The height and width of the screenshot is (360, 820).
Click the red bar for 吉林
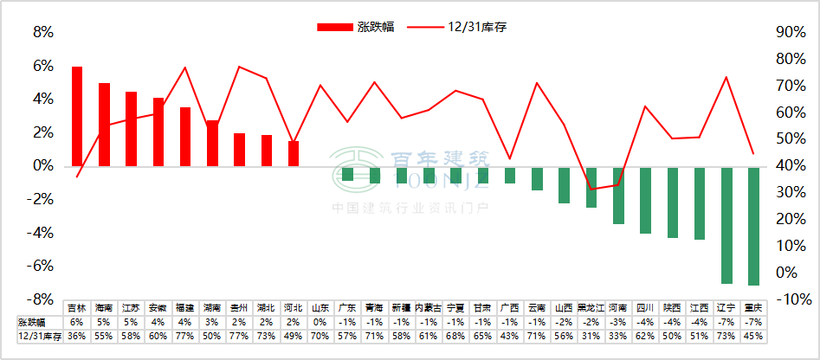pos(77,116)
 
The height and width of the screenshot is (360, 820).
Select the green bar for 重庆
pos(753,225)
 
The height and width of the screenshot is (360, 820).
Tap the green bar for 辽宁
pos(726,224)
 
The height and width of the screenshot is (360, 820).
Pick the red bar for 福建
pos(185,136)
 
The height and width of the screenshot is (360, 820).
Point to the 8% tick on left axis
pos(42,33)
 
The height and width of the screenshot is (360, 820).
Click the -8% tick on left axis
pos(41,299)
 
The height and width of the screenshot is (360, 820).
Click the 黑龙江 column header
pos(591,308)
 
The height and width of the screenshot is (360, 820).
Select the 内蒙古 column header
pos(429,308)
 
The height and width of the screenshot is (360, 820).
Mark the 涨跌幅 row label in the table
pos(32,321)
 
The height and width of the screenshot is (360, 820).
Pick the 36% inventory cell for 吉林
pos(77,335)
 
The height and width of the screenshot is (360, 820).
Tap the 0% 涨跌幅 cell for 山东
pos(320,321)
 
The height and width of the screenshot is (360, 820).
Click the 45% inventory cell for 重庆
pos(753,335)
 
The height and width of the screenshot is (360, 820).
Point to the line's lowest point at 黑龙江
pos(591,189)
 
